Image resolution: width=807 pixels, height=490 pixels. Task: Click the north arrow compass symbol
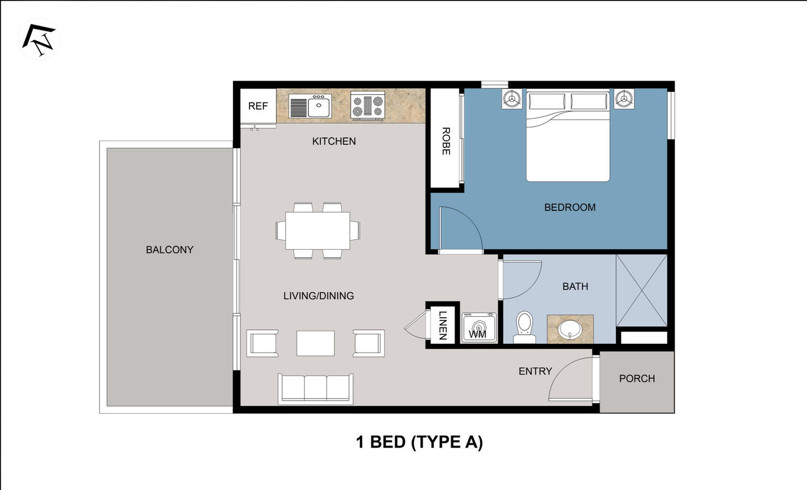39,39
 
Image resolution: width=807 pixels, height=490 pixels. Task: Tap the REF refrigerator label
258,106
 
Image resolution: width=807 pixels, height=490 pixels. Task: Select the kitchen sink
319,106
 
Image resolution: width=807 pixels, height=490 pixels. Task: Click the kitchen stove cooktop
368,105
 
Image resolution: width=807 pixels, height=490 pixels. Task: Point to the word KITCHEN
334,141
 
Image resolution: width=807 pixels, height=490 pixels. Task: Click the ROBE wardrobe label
445,141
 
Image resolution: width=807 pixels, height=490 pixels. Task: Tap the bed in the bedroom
567,139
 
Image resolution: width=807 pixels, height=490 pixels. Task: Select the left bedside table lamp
511,99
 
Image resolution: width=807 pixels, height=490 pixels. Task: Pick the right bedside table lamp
624,99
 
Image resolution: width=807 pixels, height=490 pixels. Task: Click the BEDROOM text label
570,207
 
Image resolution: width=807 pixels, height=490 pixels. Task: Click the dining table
318,231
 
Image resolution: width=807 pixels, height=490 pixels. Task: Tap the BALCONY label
169,250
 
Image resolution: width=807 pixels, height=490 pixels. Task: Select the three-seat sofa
315,388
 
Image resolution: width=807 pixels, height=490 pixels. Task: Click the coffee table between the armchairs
315,343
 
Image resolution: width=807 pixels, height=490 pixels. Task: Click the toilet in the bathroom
524,327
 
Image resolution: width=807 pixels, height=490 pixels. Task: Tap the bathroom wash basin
570,329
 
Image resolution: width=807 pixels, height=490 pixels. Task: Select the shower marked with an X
642,291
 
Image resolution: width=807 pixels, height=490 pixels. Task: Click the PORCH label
637,378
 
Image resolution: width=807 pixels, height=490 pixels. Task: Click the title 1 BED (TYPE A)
419,441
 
